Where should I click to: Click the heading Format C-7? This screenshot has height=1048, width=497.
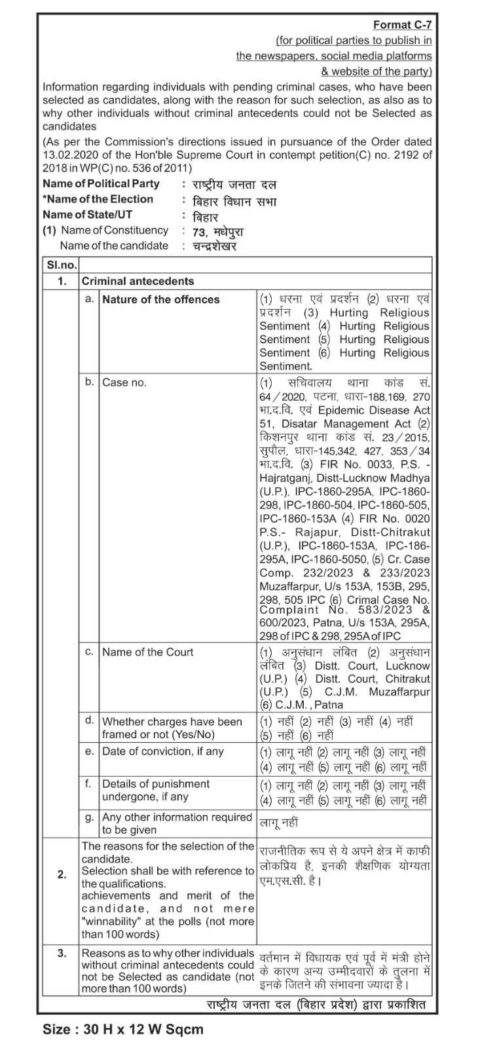pos(402,25)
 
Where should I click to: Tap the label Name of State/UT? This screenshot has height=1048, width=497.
pos(87,214)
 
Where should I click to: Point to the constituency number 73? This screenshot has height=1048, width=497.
pos(199,231)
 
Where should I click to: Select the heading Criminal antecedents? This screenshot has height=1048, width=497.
pos(138,281)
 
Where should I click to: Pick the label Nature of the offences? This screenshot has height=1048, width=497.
pos(161,299)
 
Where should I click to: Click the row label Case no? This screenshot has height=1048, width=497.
pos(124,382)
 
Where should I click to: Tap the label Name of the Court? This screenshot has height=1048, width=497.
pos(148,652)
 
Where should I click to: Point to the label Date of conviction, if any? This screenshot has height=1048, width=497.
pos(163,751)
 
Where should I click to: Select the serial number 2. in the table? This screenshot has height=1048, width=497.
pos(62,874)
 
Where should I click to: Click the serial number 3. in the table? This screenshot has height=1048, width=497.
pos(62,953)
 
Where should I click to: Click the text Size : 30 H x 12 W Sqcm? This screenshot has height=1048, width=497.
pos(123,1029)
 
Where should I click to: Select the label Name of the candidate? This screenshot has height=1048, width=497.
pos(114,246)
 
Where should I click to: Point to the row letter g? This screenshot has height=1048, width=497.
pos(90,817)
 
